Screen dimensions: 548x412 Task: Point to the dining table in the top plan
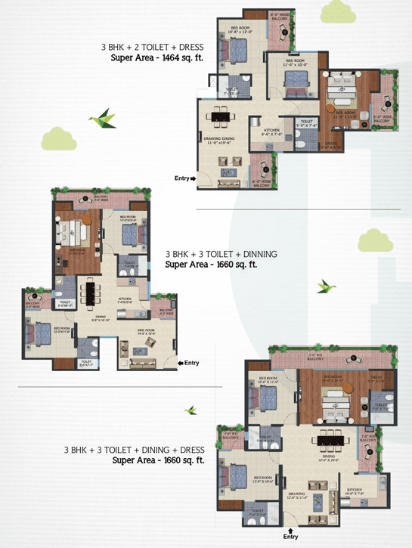pyautogui.click(x=221, y=116)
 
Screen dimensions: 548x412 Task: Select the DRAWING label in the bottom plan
pyautogui.click(x=296, y=495)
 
